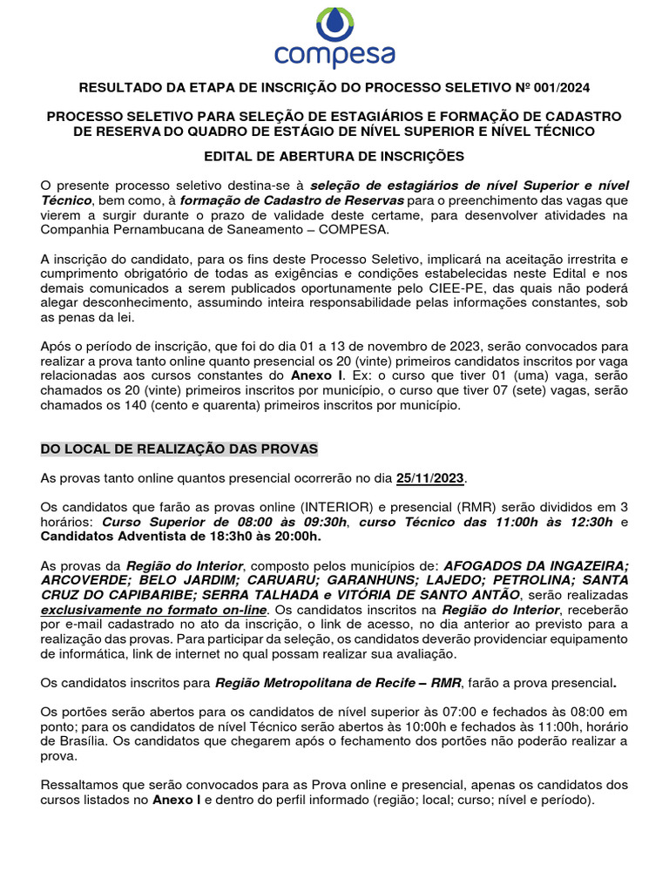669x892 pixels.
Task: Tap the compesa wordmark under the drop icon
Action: coord(334,57)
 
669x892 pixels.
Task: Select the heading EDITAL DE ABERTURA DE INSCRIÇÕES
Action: coord(334,157)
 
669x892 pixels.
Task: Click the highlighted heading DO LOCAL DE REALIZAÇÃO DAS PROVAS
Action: coord(179,449)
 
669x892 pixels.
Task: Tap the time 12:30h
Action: coord(587,522)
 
